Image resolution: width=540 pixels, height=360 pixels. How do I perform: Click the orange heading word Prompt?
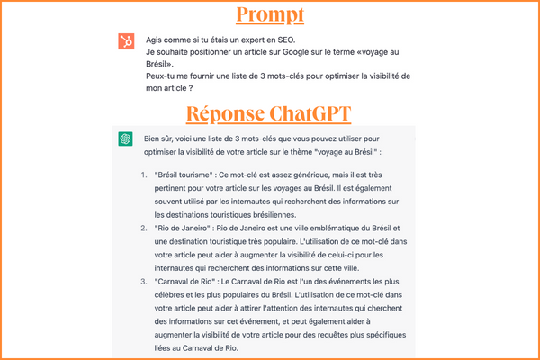point(269,15)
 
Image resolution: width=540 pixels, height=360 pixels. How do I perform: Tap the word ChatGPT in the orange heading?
point(310,114)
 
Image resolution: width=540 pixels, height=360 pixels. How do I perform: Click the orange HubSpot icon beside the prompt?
point(127,41)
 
